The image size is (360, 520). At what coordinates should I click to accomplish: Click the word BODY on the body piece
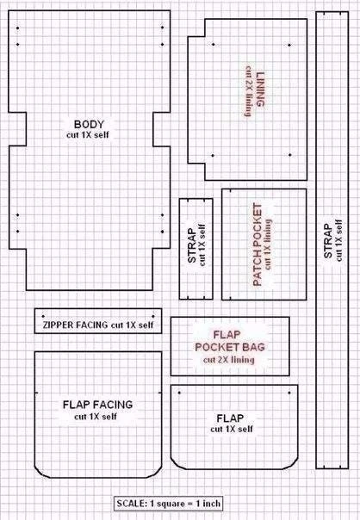(89, 124)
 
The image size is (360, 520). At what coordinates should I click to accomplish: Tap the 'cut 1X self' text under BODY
(88, 135)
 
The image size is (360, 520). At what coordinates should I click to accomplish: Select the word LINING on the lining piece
(261, 90)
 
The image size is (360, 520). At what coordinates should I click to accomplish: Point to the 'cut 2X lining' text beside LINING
(248, 91)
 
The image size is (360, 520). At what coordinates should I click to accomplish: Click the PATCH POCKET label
(258, 245)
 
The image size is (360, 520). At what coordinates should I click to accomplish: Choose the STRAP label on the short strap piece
(192, 245)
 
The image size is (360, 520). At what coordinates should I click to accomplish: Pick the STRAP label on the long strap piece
(328, 241)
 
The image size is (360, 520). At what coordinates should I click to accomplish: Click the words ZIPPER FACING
(75, 325)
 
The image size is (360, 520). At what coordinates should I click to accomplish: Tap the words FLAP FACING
(98, 405)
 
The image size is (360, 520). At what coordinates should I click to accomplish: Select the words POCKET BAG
(230, 347)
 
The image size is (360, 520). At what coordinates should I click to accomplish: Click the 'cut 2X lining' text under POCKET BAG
(229, 360)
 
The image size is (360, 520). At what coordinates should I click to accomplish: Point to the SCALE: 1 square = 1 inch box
(168, 504)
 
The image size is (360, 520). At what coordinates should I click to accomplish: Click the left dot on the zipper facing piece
(43, 316)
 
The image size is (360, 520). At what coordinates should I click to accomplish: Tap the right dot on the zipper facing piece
(153, 316)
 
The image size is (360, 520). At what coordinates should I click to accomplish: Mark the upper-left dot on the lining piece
(214, 44)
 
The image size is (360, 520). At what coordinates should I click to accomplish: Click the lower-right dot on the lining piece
(290, 155)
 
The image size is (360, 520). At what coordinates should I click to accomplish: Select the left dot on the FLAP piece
(179, 393)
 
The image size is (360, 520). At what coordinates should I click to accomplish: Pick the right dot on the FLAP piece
(289, 393)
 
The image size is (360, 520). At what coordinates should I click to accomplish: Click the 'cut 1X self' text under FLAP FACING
(96, 417)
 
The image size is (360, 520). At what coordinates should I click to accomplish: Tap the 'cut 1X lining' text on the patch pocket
(268, 245)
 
